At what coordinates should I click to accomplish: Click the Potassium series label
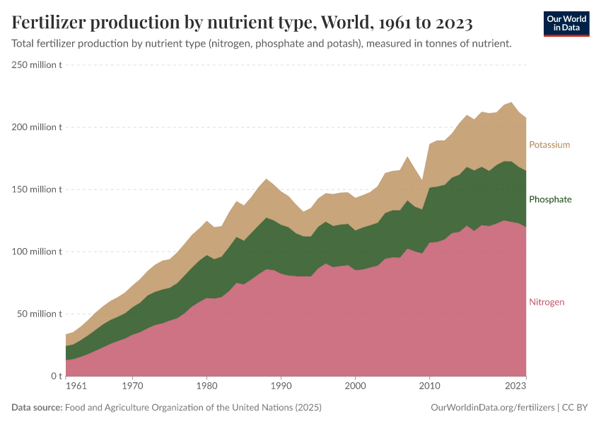tap(549, 145)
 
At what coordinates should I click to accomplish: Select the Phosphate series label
tap(550, 199)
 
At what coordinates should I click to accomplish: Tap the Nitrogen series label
tap(547, 302)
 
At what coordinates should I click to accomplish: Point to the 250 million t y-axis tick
tap(37, 65)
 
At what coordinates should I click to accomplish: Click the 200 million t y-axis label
tap(37, 127)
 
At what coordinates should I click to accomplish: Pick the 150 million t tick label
tap(37, 189)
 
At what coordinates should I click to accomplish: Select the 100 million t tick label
tap(37, 252)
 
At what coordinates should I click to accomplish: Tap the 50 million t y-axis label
tap(40, 314)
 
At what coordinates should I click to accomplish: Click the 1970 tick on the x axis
tap(132, 387)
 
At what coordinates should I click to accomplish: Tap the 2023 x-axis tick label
tap(515, 387)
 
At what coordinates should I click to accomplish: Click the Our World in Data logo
tap(566, 23)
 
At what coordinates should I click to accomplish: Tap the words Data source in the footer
tap(36, 408)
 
